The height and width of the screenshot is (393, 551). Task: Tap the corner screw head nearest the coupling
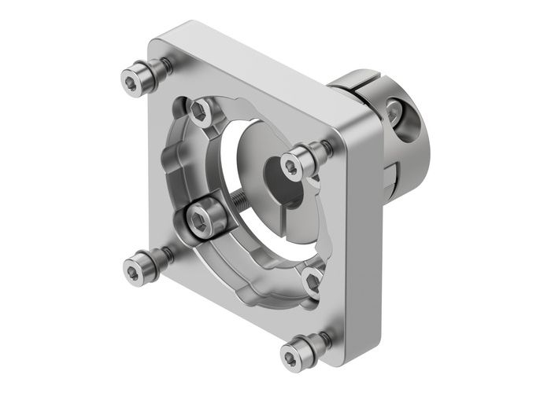(x=293, y=164)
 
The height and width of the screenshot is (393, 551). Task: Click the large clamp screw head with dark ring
(x=207, y=218)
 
